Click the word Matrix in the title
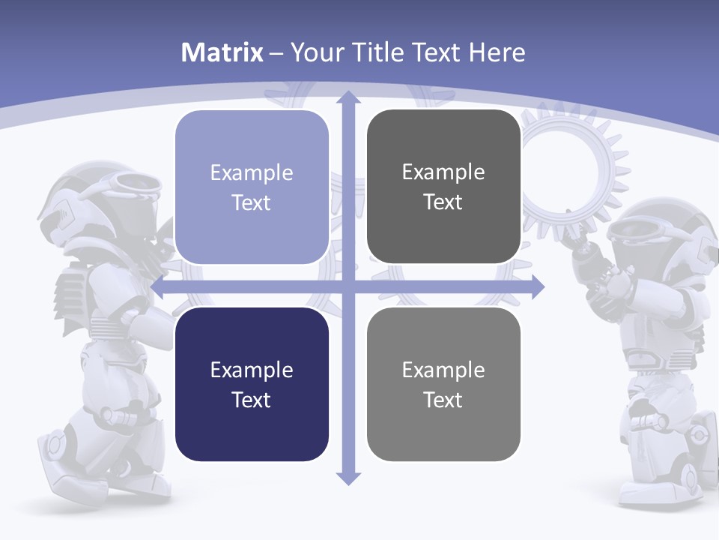222,52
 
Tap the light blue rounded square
252,187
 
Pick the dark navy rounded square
252,384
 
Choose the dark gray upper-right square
443,187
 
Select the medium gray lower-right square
443,384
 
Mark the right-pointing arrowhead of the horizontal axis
537,286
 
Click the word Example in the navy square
252,370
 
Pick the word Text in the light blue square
252,202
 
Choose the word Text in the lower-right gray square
443,400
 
